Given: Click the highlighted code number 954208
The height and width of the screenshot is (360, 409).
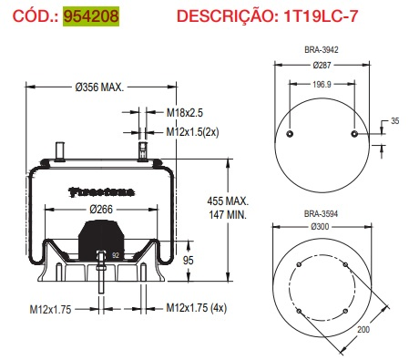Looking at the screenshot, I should (91, 16).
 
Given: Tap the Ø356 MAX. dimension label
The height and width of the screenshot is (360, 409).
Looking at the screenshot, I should (98, 87).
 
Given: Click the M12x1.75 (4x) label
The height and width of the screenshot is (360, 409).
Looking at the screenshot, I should (199, 308).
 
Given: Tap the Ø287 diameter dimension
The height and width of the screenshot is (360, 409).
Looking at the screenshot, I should (322, 67).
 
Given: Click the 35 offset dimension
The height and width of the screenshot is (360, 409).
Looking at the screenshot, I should (394, 120).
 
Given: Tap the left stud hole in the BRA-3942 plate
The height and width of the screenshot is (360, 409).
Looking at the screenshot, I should (290, 134).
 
